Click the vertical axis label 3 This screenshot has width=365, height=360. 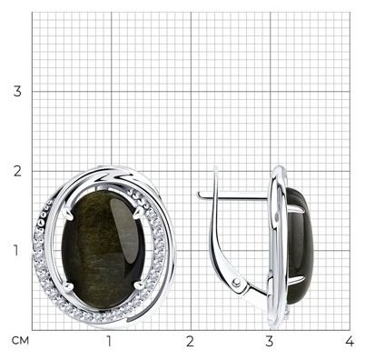click(17, 91)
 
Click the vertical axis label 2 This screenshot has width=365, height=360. click(17, 171)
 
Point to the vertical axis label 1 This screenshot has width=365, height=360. click(16, 250)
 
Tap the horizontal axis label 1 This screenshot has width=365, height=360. click(109, 342)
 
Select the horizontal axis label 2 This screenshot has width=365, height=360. click(190, 342)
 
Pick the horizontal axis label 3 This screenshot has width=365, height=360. click(270, 342)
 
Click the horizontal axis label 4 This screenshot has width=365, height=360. click(350, 342)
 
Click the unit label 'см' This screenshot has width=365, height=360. click(20, 341)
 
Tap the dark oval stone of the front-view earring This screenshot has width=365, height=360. click(104, 249)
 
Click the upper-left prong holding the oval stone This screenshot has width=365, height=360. click(69, 214)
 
